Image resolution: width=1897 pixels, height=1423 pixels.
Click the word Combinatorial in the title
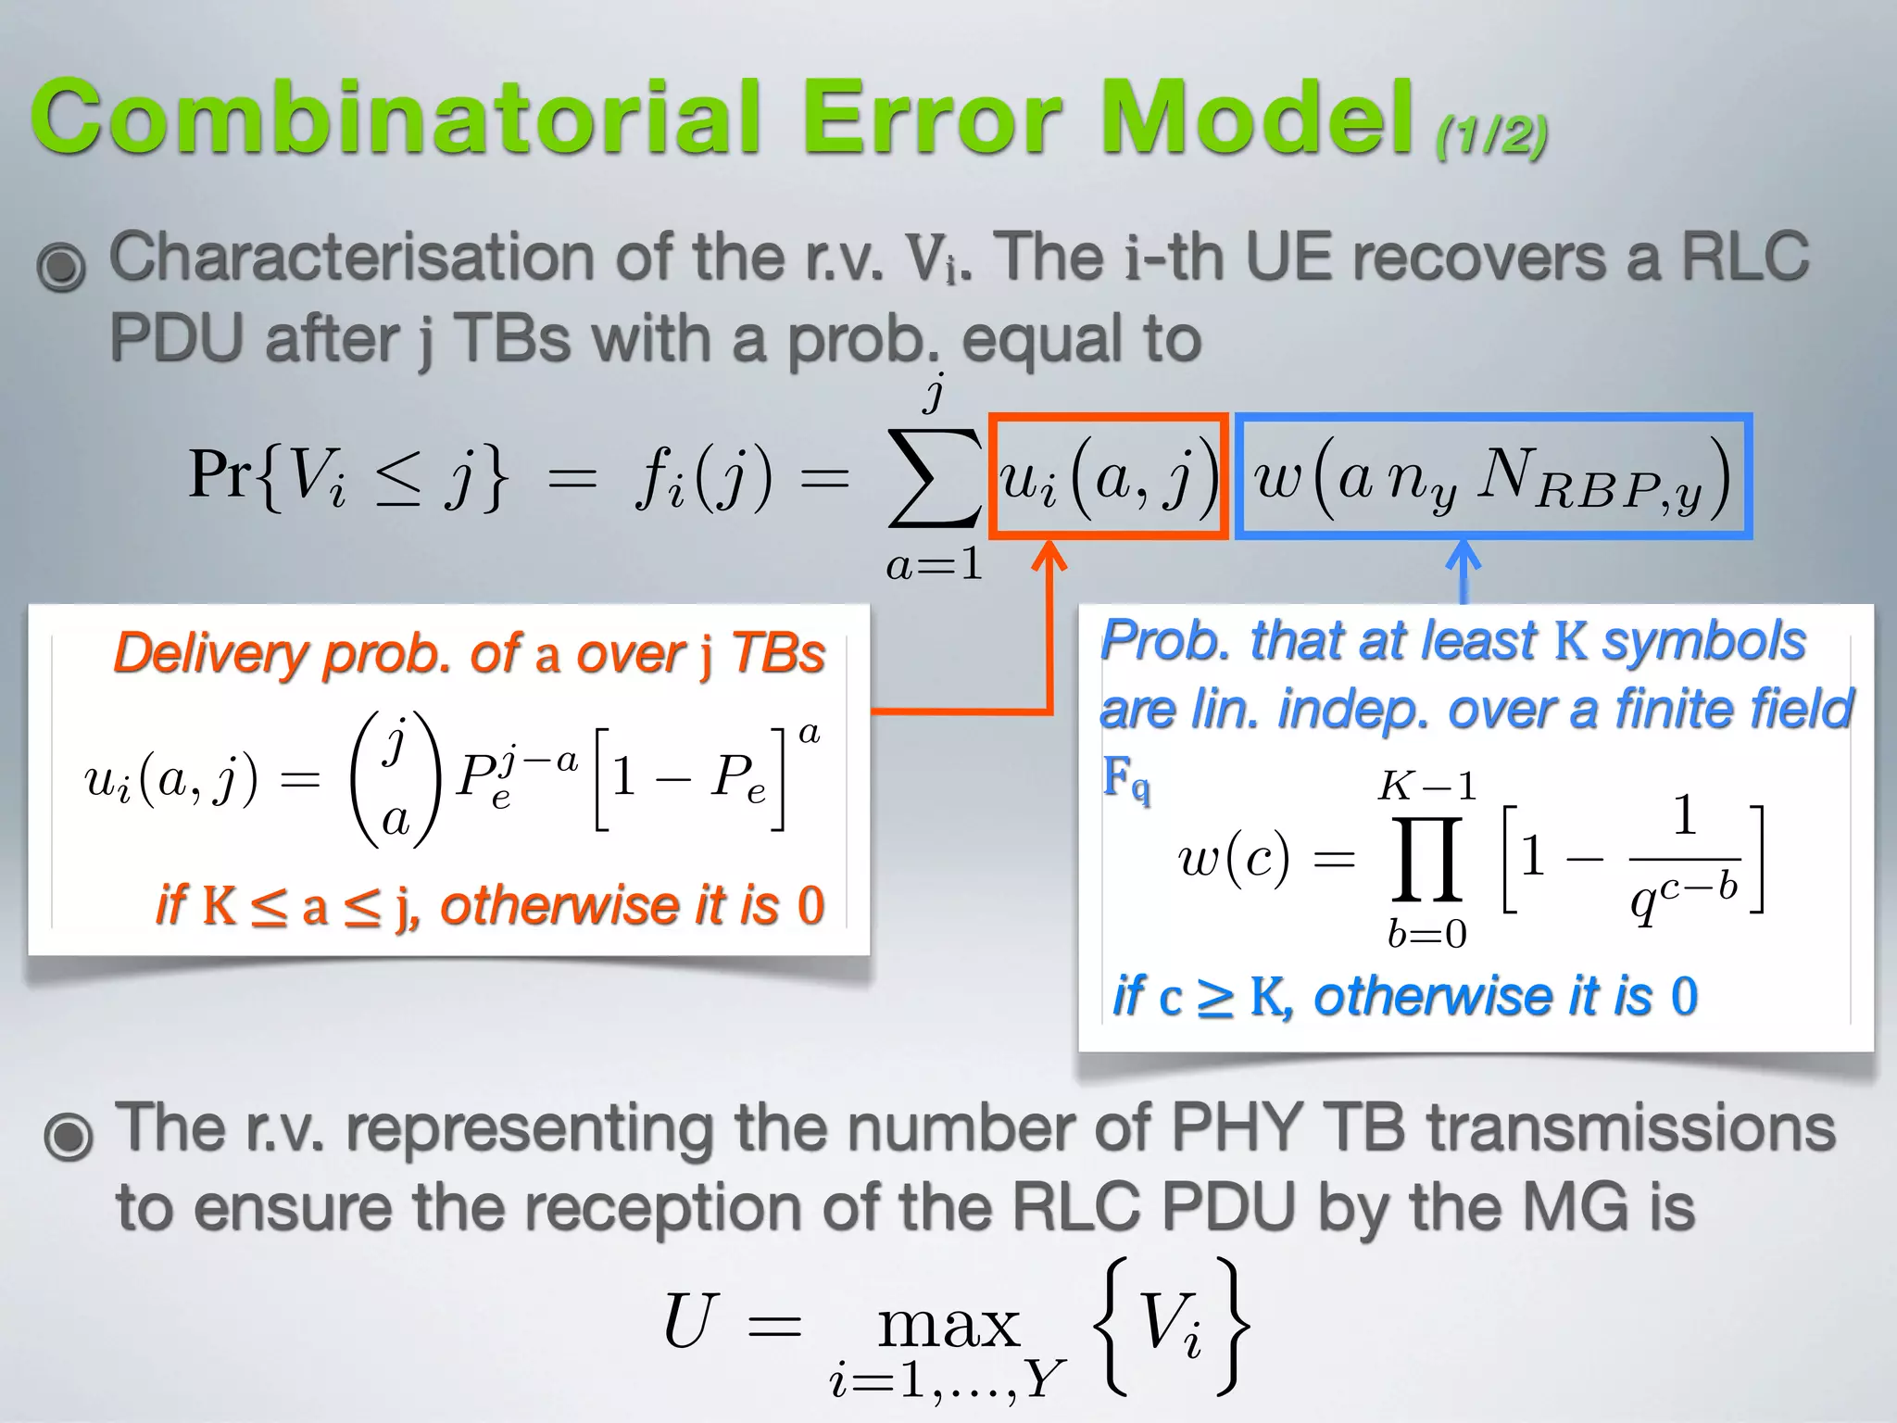[x=398, y=118]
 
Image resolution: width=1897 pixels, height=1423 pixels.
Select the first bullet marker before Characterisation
[x=61, y=266]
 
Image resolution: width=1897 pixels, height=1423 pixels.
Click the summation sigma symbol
[x=933, y=476]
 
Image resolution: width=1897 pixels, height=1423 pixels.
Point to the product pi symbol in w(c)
[x=1427, y=859]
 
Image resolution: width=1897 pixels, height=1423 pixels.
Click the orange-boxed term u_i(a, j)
[x=1109, y=476]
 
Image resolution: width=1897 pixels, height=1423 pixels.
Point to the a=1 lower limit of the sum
[x=934, y=564]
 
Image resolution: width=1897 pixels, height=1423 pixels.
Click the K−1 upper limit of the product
[x=1426, y=787]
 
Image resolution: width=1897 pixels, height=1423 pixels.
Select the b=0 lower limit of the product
[x=1426, y=934]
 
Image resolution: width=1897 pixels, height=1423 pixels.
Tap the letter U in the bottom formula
[x=690, y=1321]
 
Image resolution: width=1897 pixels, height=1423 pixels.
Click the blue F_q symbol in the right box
[x=1125, y=778]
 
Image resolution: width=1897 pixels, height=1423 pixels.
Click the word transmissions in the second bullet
[x=1630, y=1127]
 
